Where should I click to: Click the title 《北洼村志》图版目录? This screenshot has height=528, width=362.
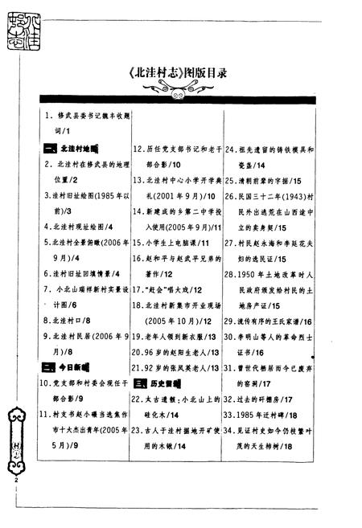(182, 72)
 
